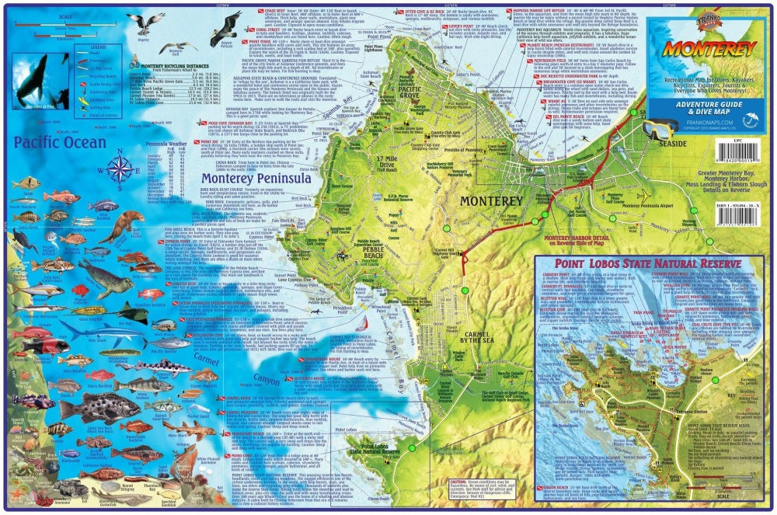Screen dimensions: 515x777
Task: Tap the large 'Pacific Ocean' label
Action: click(x=60, y=143)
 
